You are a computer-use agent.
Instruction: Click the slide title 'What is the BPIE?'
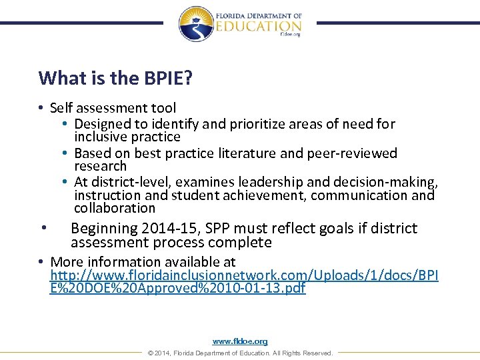[115, 78]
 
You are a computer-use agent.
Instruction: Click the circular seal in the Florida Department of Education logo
[197, 24]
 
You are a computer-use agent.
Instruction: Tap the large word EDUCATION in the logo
[258, 25]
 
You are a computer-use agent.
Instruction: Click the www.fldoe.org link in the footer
[240, 341]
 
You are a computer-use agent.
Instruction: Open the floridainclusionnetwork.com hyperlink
[244, 276]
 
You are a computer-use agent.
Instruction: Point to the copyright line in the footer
[240, 353]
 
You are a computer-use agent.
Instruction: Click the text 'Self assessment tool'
[113, 107]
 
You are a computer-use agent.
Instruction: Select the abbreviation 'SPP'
[204, 228]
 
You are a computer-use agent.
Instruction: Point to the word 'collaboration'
[114, 208]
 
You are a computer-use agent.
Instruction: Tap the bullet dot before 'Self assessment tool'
[41, 108]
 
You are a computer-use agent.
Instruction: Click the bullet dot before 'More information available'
[41, 262]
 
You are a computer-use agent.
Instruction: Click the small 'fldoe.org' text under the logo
[290, 34]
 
